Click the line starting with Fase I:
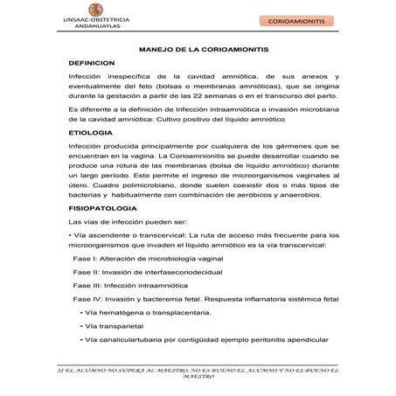pos(152,260)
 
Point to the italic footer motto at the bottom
pos(198,377)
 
